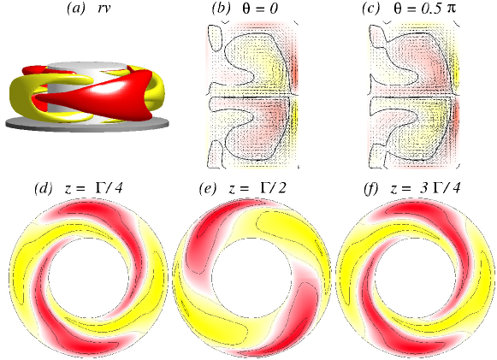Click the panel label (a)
point(76,9)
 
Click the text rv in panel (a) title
point(104,9)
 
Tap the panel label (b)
point(222,9)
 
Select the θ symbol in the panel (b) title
point(246,9)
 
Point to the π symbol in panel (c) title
point(451,9)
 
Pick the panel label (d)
point(44,189)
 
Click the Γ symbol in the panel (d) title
point(100,189)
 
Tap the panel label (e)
point(208,189)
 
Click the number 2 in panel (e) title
point(281,189)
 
